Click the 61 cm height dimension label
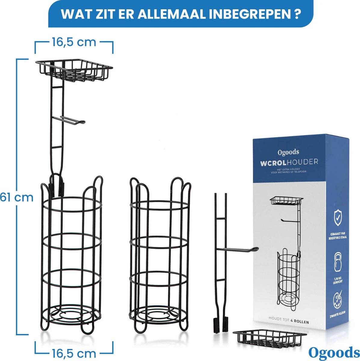tap(17, 198)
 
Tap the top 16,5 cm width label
tap(74, 42)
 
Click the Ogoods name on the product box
tap(288, 152)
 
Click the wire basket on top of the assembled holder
tap(74, 70)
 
